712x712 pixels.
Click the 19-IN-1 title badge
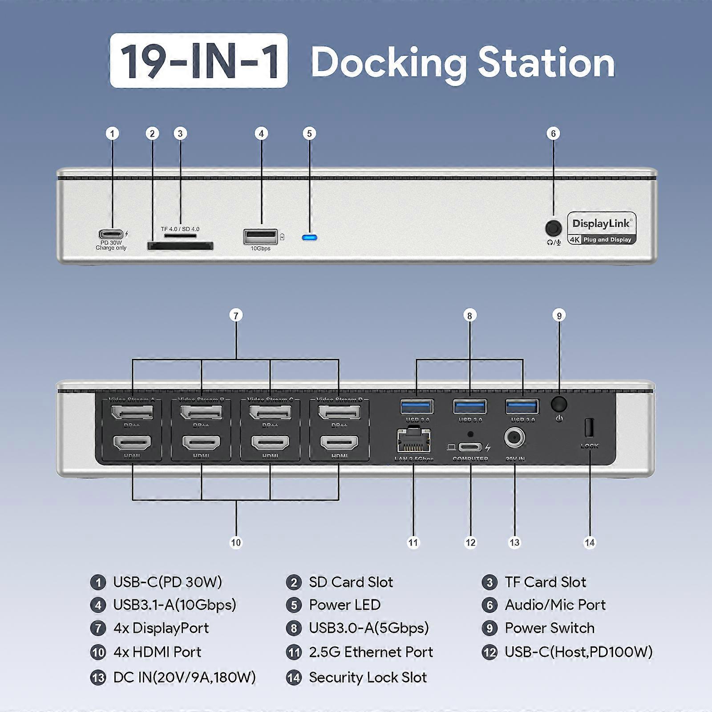click(x=198, y=61)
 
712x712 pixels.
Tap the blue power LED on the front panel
click(x=309, y=237)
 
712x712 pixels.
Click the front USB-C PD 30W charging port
click(x=111, y=234)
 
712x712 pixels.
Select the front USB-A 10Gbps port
click(x=260, y=236)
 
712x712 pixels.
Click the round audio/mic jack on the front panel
click(x=553, y=228)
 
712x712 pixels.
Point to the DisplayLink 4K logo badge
click(x=602, y=229)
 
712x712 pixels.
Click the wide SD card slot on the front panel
click(x=180, y=246)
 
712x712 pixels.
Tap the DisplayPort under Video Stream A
click(x=132, y=413)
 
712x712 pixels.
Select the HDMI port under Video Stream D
click(x=340, y=443)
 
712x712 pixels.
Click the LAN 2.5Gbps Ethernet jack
click(x=413, y=439)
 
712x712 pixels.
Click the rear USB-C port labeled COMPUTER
click(x=470, y=447)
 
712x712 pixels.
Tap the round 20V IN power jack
click(x=514, y=438)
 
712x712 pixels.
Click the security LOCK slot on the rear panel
click(x=589, y=428)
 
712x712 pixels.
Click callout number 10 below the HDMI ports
click(x=236, y=542)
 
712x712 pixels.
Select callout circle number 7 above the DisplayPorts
click(x=236, y=316)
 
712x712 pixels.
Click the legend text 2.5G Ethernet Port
click(x=371, y=652)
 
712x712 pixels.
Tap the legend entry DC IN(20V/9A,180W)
click(x=184, y=677)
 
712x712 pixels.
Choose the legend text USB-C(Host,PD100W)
click(x=578, y=652)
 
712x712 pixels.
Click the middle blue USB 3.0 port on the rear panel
click(x=470, y=407)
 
